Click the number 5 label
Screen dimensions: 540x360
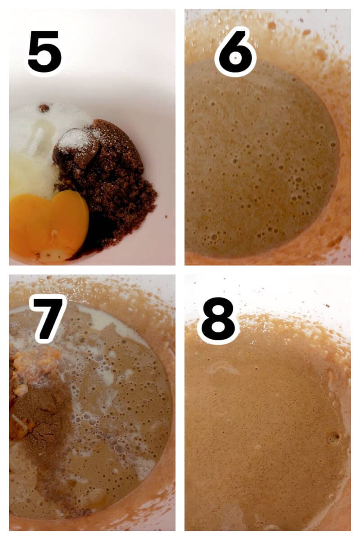pyautogui.click(x=45, y=52)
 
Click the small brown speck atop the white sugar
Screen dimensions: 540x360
pyautogui.click(x=44, y=108)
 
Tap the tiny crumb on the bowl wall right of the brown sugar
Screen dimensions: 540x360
pyautogui.click(x=166, y=217)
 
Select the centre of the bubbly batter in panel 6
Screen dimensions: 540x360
pyautogui.click(x=261, y=162)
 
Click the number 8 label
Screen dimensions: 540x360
pyautogui.click(x=218, y=319)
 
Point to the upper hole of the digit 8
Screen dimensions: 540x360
pyautogui.click(x=218, y=309)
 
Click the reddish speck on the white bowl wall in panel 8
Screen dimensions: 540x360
pyautogui.click(x=328, y=306)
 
